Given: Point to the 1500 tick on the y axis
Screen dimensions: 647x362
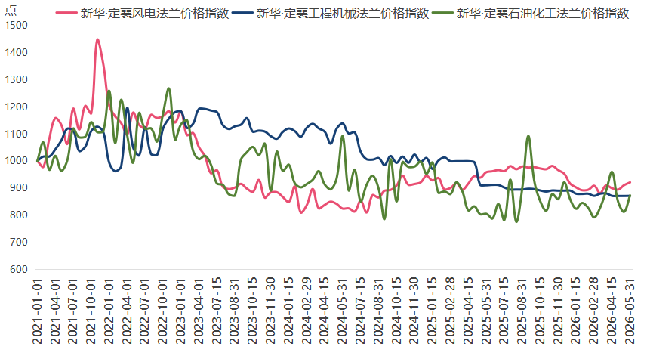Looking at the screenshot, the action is pos(17,25).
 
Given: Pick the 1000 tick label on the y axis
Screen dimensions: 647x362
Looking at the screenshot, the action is pos(17,161).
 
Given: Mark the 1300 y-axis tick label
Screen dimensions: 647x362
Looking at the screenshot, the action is pos(17,79).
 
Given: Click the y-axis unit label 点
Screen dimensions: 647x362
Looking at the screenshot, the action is pos(11,10).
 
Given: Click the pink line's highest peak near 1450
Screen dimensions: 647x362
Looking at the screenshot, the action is pos(97,39).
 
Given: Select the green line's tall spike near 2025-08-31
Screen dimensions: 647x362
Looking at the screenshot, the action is pos(528,136).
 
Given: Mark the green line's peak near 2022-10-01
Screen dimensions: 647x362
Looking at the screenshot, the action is pos(168,88).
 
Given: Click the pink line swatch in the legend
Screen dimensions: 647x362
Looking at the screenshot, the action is pos(66,13).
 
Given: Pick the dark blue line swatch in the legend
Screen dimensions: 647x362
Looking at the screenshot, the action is pos(242,13).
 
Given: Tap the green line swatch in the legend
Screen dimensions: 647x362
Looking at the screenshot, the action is pos(442,13).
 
